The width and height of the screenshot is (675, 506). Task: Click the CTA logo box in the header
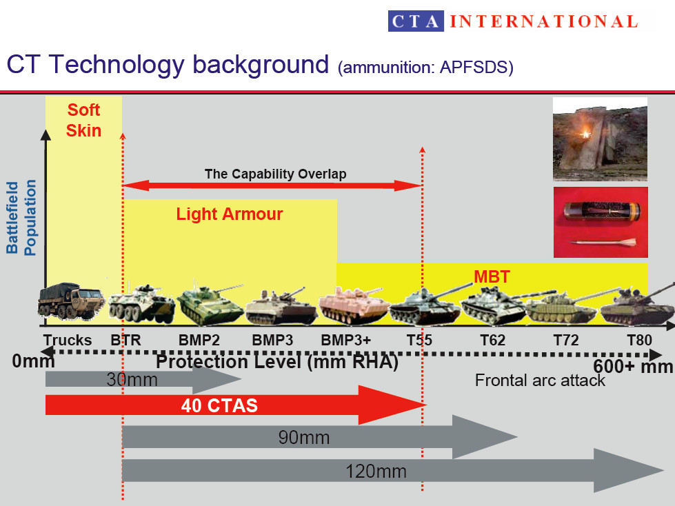tap(416, 21)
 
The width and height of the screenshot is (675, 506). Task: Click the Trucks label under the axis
tap(67, 341)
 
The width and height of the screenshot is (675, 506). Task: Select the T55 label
tap(419, 341)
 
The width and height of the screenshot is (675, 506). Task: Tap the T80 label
tap(639, 341)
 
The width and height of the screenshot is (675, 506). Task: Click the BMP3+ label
tap(345, 341)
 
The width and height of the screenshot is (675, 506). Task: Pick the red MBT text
tap(492, 278)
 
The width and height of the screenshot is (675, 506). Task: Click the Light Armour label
tap(230, 214)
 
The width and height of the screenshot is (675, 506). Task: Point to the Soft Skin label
tap(83, 120)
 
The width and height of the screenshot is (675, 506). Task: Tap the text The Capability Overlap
tap(275, 174)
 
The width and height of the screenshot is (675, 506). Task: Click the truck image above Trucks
tap(71, 302)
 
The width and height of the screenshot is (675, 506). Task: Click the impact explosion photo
tap(600, 139)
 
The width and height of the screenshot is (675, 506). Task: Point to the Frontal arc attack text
tap(540, 380)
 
